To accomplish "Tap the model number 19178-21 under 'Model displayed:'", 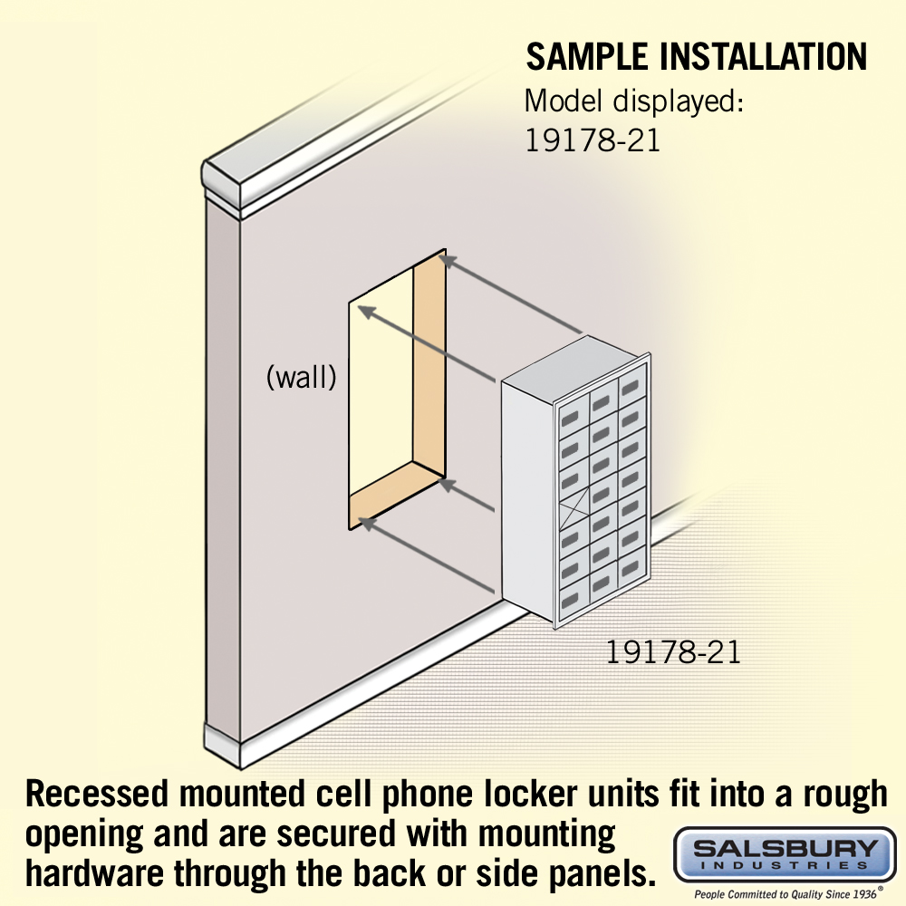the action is coord(593,140).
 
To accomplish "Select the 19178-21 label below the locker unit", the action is coord(673,652).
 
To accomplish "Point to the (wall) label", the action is coord(301,377).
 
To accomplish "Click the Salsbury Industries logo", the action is coord(785,854).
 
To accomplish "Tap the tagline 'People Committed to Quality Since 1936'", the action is coord(785,894).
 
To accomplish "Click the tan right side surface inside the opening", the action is coord(429,363).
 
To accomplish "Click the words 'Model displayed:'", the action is coord(633,101).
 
